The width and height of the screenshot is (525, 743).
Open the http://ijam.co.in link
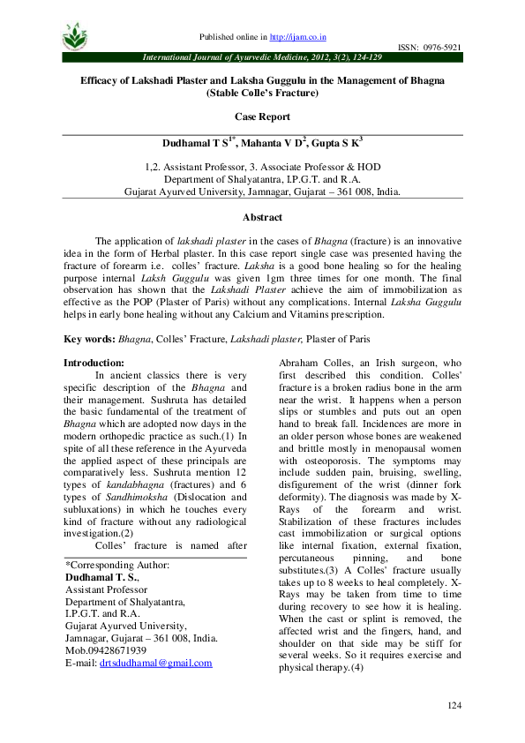pos(297,37)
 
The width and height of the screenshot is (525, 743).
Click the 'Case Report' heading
pos(262,116)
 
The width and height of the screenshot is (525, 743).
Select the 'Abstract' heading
pos(262,217)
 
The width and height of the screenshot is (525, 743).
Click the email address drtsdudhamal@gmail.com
pos(156,663)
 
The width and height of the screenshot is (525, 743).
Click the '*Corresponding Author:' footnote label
pos(118,565)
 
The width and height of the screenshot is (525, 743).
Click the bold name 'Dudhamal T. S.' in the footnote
pos(100,577)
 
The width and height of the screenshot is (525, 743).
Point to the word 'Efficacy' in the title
pos(101,79)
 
